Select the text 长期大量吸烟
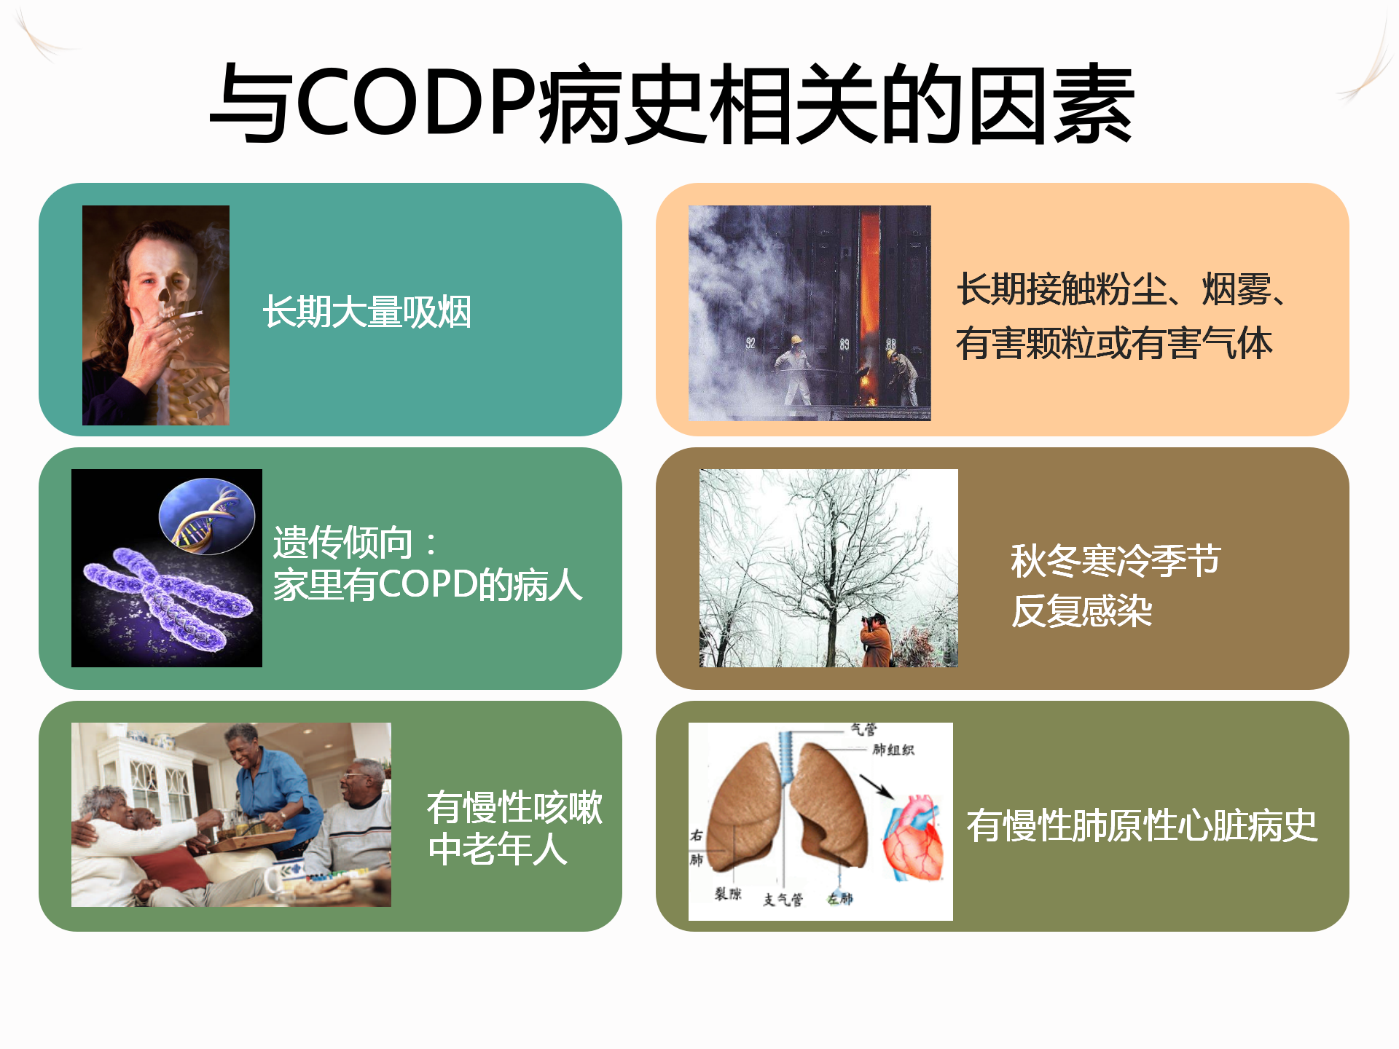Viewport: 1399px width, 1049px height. tap(367, 312)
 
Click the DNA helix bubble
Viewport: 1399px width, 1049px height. tap(207, 516)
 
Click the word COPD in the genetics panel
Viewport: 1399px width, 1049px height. tap(427, 584)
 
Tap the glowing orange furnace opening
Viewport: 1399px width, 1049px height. tap(870, 284)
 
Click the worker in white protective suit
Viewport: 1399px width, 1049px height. tap(793, 369)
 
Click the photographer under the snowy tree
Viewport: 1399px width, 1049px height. tap(877, 640)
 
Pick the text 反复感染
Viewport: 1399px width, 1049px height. tap(1081, 610)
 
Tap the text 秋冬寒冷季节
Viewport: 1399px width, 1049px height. tap(1116, 560)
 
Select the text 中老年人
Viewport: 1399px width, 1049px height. tap(498, 849)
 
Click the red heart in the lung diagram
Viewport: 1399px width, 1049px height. tap(914, 838)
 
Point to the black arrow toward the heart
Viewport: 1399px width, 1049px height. tap(877, 786)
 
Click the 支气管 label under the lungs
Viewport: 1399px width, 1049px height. tap(783, 900)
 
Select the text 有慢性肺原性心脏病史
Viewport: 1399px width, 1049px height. tap(1142, 826)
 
